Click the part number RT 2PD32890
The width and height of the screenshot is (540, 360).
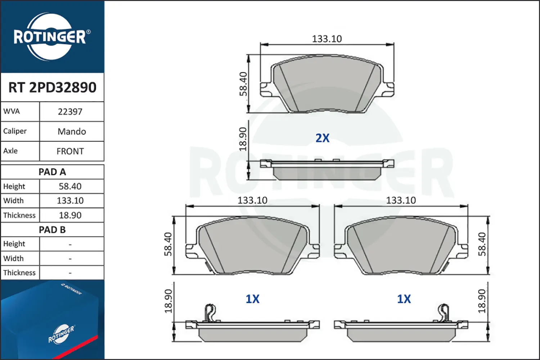click(x=52, y=87)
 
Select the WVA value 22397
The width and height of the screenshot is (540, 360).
click(x=70, y=112)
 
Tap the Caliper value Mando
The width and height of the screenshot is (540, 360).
click(x=72, y=132)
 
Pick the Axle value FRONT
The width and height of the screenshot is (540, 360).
click(x=70, y=152)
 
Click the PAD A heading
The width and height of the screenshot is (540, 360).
click(x=52, y=172)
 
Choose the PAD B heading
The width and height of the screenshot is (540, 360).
click(x=52, y=230)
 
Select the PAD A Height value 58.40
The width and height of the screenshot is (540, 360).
click(x=70, y=186)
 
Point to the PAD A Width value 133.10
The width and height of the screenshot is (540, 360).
click(x=70, y=201)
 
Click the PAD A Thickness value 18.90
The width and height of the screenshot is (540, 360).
click(x=70, y=215)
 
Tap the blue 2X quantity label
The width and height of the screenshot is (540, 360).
click(x=322, y=138)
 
